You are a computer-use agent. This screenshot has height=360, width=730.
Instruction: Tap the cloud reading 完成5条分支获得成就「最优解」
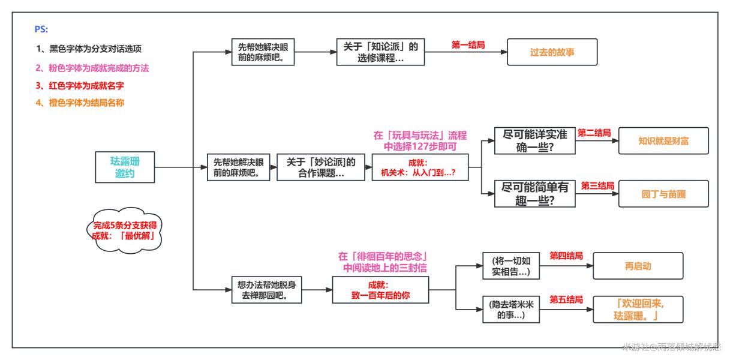[124, 230]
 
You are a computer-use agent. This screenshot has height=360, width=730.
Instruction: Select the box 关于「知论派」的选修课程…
[380, 52]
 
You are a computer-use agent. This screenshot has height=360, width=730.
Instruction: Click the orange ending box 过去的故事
[552, 52]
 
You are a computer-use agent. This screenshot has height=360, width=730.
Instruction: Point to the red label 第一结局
[468, 44]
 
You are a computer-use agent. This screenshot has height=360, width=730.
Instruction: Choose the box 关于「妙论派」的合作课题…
[320, 167]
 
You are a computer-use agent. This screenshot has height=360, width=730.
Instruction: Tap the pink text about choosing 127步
[420, 140]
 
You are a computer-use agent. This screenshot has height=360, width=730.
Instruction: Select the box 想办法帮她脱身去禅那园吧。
[266, 290]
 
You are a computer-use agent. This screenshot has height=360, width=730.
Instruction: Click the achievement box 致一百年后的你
[381, 290]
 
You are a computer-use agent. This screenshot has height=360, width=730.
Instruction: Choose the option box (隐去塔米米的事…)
[510, 310]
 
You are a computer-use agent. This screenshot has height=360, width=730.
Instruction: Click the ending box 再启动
[638, 266]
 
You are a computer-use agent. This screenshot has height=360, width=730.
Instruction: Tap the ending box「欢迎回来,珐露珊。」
[638, 310]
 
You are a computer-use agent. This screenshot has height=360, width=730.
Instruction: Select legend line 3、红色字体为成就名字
[83, 86]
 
